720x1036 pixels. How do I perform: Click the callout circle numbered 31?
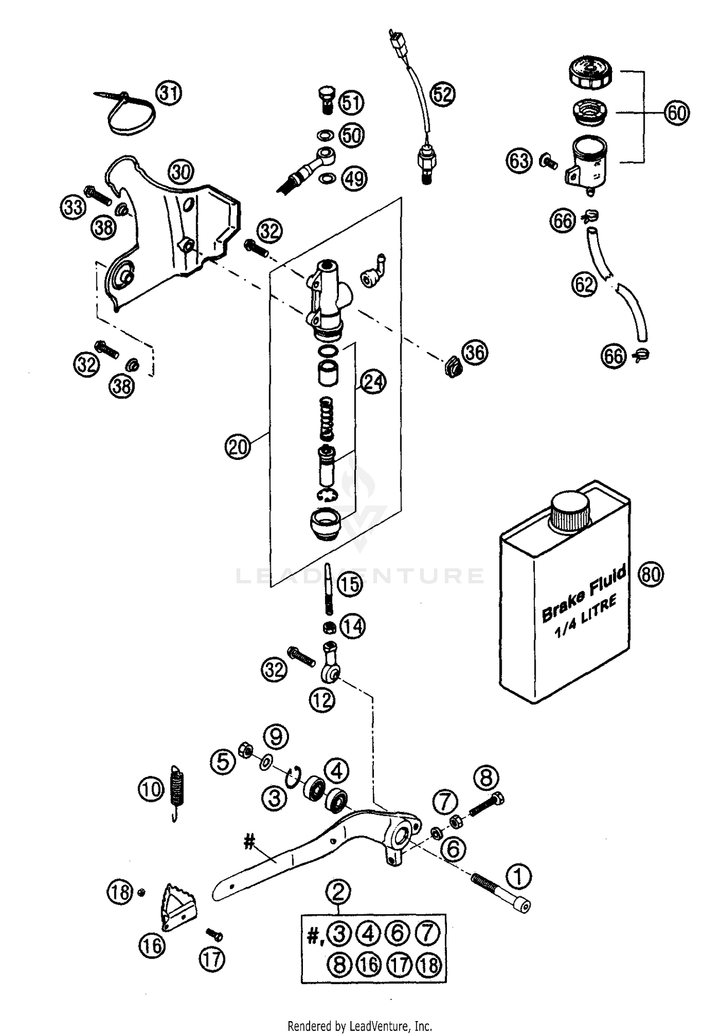[x=169, y=93]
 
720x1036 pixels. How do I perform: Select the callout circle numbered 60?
[x=677, y=113]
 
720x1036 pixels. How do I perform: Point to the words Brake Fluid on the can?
[x=583, y=593]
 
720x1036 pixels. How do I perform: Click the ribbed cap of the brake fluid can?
[x=570, y=512]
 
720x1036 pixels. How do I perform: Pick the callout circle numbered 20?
[x=238, y=447]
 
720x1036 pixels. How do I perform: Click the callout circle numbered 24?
[x=373, y=382]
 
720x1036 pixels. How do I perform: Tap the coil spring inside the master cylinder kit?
[x=326, y=418]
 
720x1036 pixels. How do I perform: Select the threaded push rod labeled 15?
[x=328, y=589]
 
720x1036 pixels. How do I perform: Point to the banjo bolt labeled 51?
[x=326, y=100]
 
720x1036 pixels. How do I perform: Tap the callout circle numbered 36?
[x=475, y=353]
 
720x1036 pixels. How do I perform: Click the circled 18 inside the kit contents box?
[x=428, y=965]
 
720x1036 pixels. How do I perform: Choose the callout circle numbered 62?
[x=584, y=284]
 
